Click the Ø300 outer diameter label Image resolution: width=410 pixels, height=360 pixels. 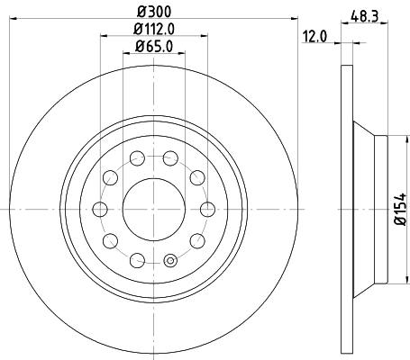[x=153, y=11]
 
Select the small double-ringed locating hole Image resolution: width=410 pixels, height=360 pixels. [x=170, y=263]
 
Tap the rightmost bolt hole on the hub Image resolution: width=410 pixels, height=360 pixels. [x=207, y=209]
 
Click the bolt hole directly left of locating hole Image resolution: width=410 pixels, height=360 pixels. [x=137, y=260]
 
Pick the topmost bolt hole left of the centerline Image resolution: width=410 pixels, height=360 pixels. [x=137, y=158]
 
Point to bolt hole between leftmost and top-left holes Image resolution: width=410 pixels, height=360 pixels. [x=109, y=177]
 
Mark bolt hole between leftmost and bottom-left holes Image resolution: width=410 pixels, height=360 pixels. [x=109, y=240]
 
